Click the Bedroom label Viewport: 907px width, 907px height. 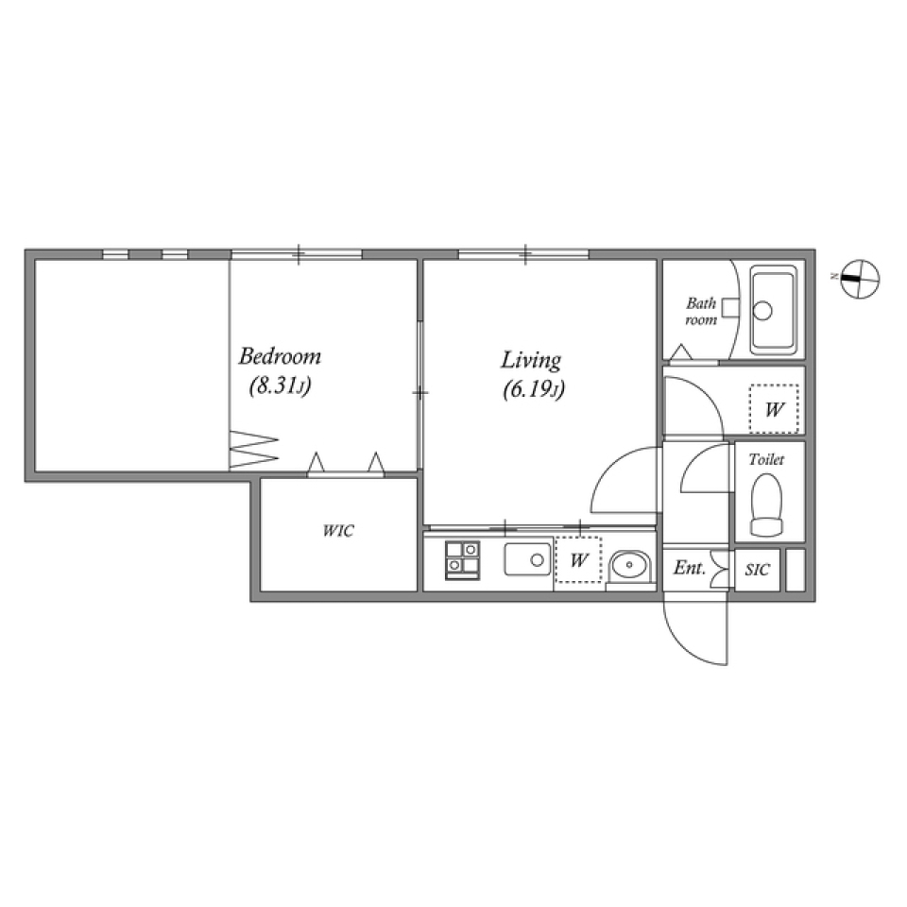279,357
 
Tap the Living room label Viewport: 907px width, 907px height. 531,360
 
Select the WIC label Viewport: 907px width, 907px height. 337,531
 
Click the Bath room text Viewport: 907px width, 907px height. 701,312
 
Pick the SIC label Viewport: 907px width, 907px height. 758,570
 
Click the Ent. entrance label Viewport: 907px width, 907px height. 690,569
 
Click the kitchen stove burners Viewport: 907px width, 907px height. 462,558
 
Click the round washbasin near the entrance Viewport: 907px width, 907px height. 626,565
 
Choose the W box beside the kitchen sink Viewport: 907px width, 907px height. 579,560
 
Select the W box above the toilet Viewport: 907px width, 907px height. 775,409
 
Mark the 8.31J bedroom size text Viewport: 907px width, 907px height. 281,385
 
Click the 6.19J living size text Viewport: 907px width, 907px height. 534,388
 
